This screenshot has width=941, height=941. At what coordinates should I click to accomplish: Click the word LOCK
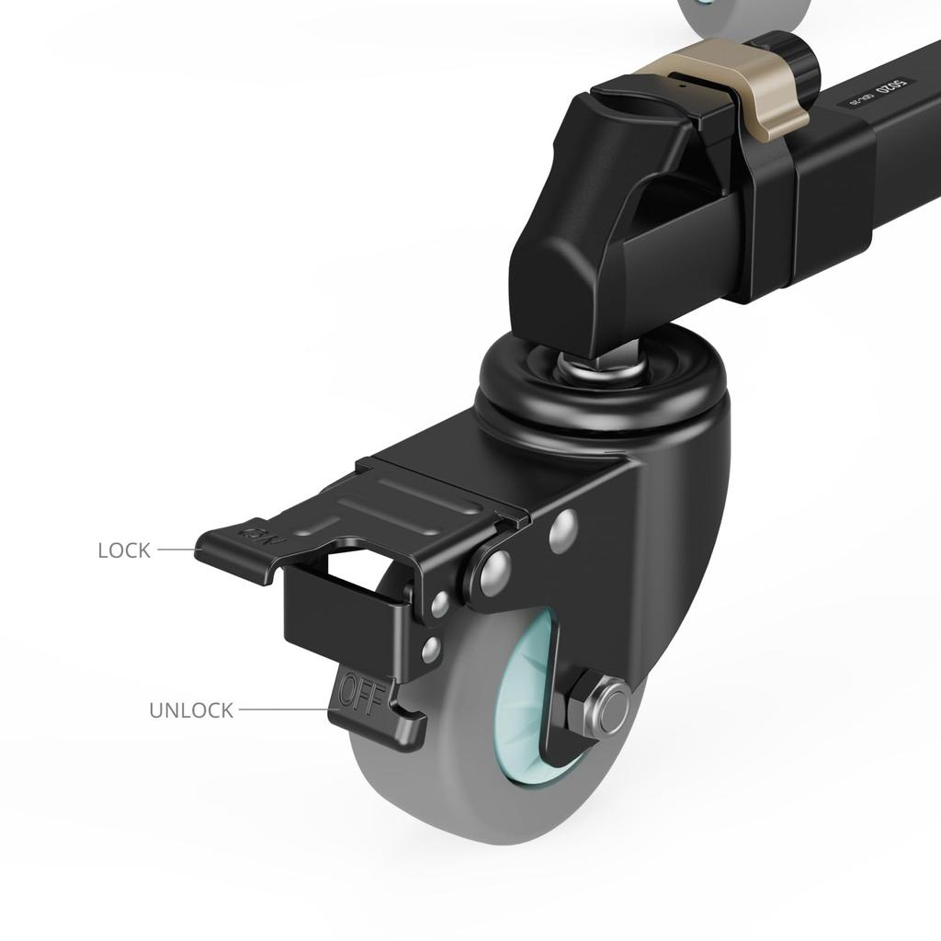point(124,550)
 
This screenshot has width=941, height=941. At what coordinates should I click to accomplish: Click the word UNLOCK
point(191,710)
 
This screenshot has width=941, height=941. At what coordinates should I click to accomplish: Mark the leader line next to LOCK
point(176,550)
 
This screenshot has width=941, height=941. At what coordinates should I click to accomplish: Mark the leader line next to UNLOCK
point(281,709)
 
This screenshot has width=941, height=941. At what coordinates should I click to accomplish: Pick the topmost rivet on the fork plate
point(562,530)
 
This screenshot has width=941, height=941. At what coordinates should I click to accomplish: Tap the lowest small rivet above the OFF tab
point(430,651)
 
